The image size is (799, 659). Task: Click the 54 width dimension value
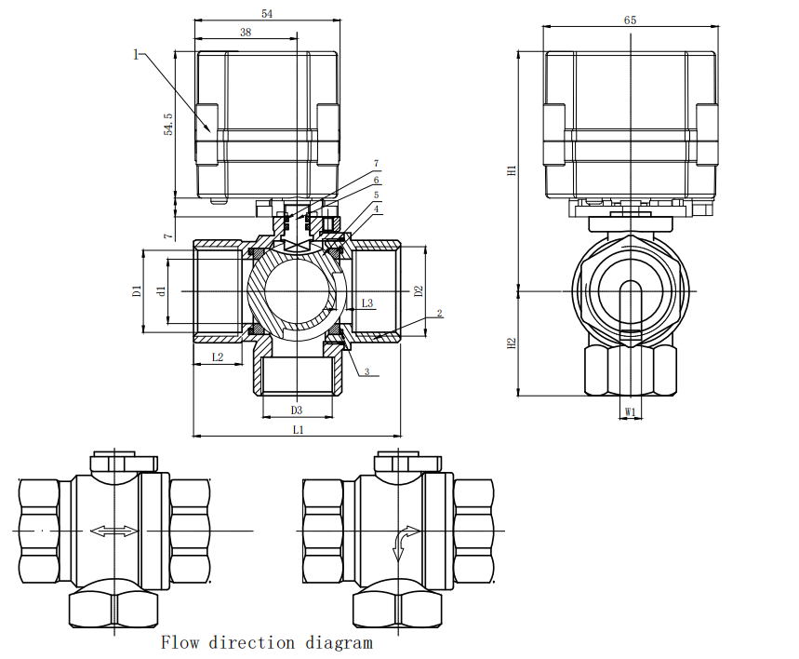point(267,14)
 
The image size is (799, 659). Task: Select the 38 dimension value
point(246,33)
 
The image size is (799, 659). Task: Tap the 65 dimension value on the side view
point(630,20)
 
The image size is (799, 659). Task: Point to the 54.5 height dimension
point(168,124)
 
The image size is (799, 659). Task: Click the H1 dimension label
point(513,170)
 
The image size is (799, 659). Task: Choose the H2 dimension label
point(513,343)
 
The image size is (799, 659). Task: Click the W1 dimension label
point(631,411)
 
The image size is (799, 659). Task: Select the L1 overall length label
point(298,430)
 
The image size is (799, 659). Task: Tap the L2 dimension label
point(218,357)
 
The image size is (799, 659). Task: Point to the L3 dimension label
point(367,303)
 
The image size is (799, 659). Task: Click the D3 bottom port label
point(297,410)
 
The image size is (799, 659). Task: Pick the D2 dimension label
point(419,291)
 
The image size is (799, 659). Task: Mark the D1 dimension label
point(137,291)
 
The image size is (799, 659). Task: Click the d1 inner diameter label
point(162,291)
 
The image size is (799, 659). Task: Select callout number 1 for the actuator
point(136,54)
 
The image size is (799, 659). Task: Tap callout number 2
point(440,313)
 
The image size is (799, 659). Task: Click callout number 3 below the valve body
point(366,371)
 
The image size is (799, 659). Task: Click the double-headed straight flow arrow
point(114,531)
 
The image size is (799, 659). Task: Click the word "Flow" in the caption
point(180,642)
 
